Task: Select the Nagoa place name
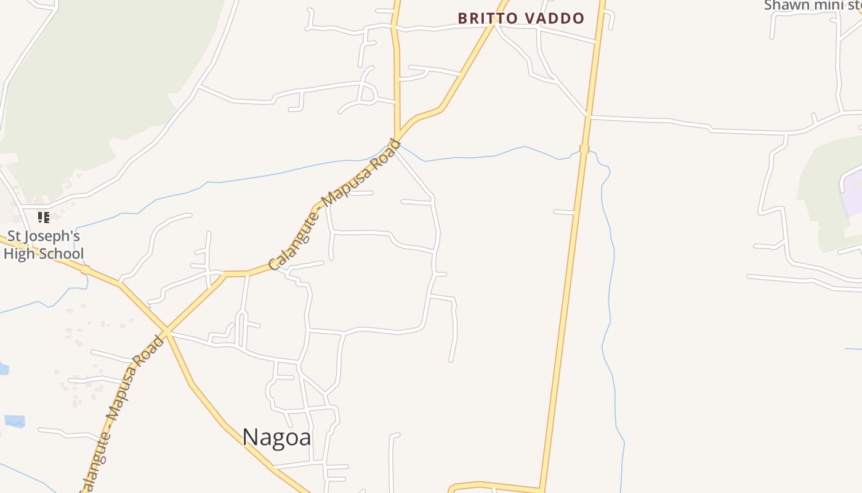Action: click(276, 437)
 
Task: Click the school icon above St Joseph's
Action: click(43, 217)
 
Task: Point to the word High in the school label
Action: click(18, 254)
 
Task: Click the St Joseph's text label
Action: click(43, 236)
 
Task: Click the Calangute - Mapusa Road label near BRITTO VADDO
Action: click(336, 205)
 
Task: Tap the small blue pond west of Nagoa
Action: click(15, 422)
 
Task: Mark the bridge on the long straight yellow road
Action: click(584, 149)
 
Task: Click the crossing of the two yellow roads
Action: click(166, 333)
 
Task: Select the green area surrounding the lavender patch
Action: click(819, 185)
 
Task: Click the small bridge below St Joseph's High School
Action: click(85, 269)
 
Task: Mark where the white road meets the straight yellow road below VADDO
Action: click(589, 116)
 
